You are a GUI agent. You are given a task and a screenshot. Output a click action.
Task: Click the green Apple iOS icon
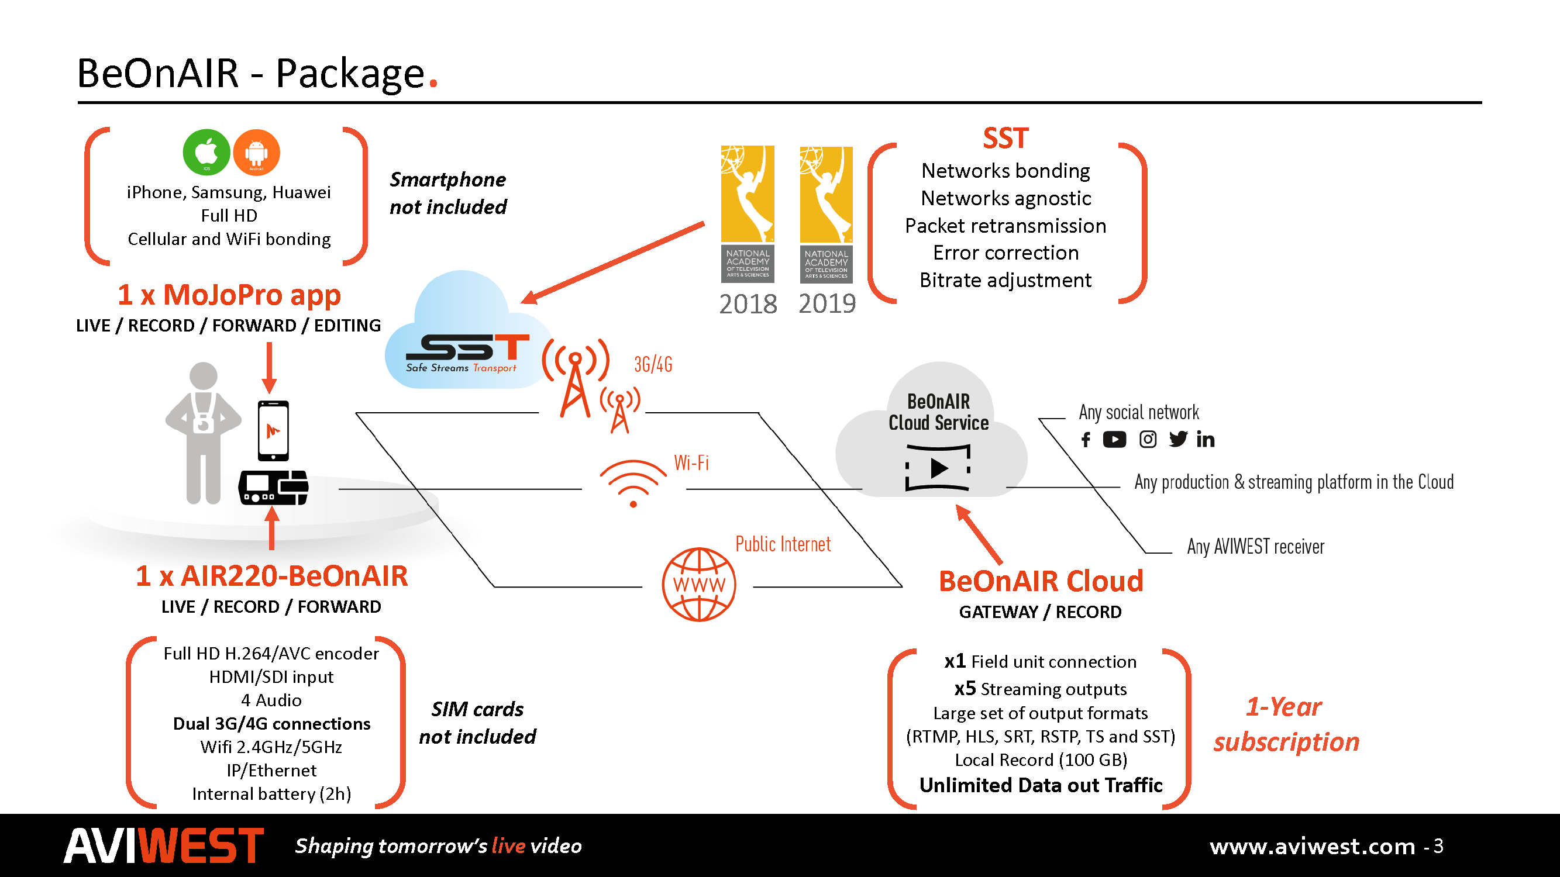(206, 152)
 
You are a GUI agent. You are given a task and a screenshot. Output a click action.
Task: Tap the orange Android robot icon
(256, 152)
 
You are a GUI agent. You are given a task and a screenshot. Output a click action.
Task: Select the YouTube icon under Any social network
(1114, 440)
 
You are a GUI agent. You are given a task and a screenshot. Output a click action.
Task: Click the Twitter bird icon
(1178, 439)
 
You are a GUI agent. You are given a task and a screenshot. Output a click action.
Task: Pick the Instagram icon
(1147, 440)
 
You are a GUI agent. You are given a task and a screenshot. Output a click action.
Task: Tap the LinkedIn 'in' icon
(1205, 440)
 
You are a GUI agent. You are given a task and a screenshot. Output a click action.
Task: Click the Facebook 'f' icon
(1086, 440)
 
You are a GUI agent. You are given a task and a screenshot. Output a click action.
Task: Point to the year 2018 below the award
(748, 304)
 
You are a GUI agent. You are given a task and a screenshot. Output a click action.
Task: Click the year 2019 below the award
(827, 304)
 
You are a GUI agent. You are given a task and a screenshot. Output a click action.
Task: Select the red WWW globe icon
(699, 585)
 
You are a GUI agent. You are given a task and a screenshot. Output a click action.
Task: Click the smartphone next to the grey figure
(273, 430)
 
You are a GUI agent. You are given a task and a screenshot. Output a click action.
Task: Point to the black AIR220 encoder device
(274, 487)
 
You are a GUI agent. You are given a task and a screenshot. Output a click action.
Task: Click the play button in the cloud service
(939, 468)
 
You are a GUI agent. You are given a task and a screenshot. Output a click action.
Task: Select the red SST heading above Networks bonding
(1005, 139)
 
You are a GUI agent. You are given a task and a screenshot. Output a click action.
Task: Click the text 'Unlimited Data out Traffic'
(1041, 785)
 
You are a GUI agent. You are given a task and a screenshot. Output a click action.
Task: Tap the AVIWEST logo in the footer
(164, 845)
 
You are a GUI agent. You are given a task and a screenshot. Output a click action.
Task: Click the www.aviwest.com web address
(1312, 846)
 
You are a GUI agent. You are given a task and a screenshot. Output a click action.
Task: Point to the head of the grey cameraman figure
(204, 375)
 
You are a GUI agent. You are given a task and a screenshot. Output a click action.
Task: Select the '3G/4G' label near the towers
(653, 364)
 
